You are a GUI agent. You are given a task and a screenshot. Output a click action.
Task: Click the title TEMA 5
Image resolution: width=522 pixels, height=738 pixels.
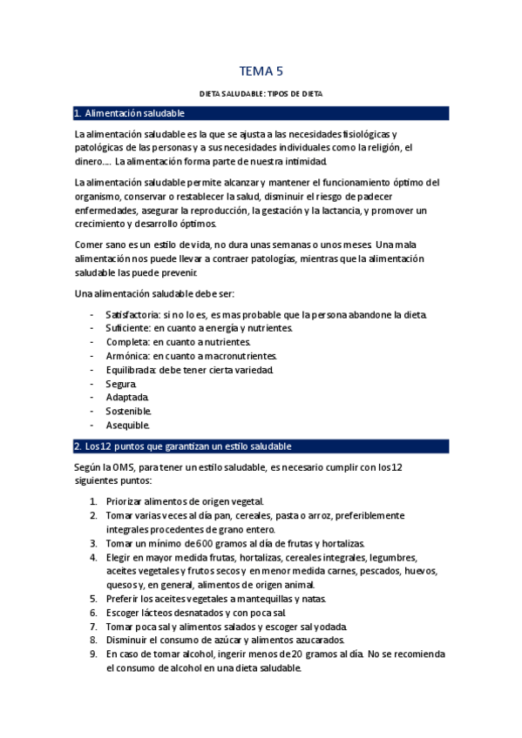click(261, 71)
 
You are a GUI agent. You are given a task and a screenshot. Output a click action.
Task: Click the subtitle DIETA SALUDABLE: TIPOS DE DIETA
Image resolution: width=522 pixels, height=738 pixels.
click(261, 93)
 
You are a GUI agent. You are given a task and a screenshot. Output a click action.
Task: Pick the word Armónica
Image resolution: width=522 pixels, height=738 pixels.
click(126, 356)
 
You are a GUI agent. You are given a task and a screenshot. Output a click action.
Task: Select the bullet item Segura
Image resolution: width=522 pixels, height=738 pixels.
click(120, 384)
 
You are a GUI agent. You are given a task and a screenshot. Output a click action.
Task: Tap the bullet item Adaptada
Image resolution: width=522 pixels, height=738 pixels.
click(126, 398)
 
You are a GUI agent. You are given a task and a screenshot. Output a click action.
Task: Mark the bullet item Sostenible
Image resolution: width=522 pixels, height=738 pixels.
click(128, 412)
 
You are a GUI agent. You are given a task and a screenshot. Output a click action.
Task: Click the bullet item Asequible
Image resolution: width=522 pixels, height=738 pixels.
click(127, 426)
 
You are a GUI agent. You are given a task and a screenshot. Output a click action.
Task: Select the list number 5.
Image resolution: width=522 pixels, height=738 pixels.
click(93, 599)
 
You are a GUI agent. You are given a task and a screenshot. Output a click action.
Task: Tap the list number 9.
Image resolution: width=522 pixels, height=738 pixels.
click(93, 654)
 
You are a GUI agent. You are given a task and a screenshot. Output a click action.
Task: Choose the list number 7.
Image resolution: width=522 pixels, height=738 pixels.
click(93, 627)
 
